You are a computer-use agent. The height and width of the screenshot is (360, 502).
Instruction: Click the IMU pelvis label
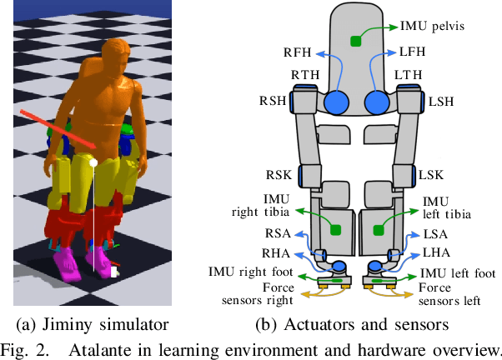[432, 27]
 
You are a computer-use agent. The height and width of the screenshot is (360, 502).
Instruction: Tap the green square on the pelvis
[356, 41]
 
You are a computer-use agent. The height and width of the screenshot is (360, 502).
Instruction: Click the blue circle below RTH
[336, 102]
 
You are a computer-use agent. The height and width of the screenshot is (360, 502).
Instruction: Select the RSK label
[279, 176]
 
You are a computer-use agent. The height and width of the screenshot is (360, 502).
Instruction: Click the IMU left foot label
[458, 273]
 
